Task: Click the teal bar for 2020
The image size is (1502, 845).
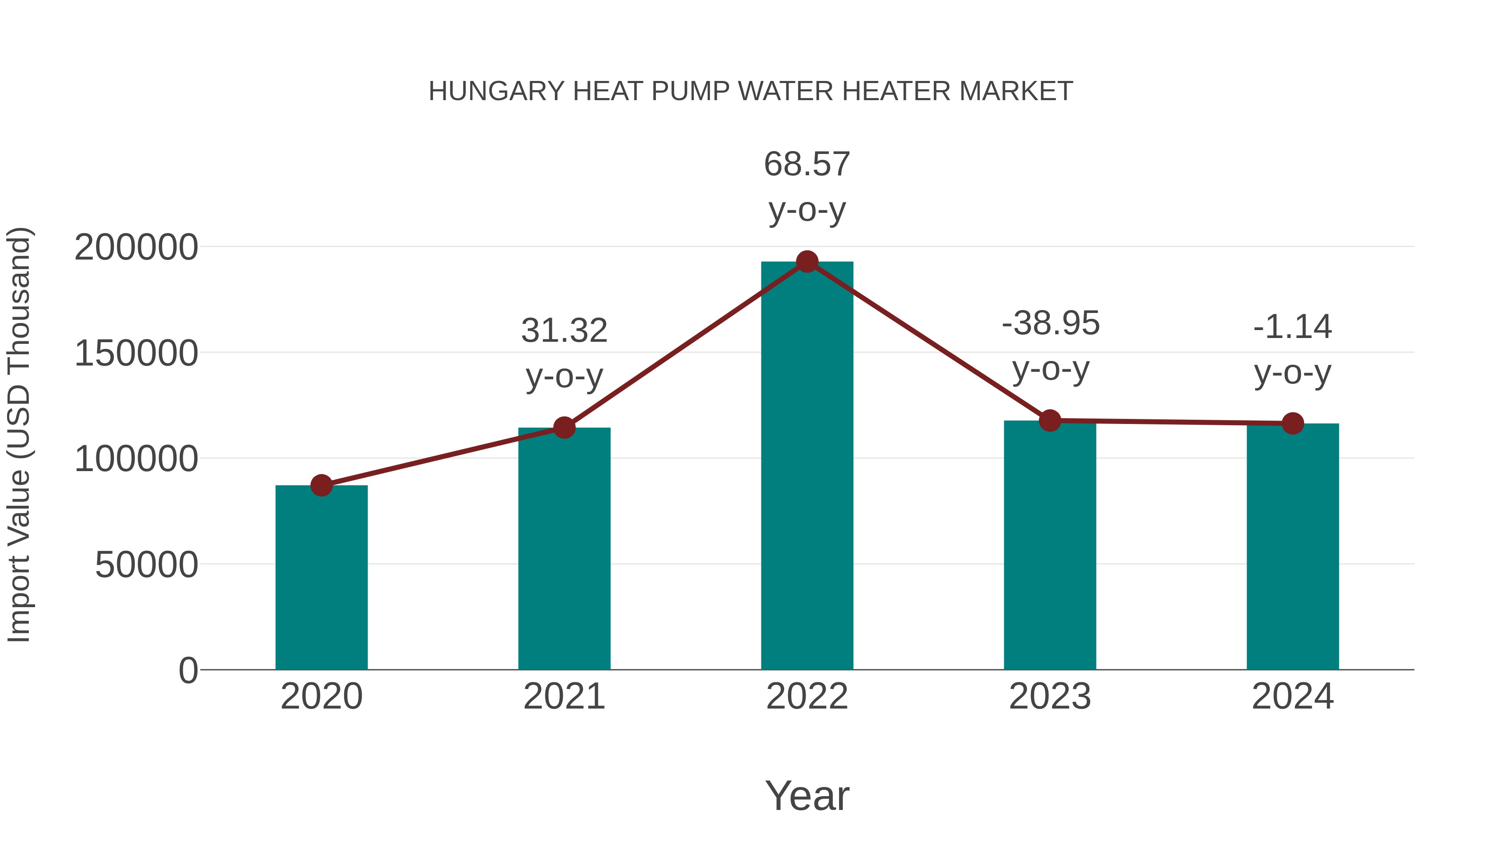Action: tap(321, 578)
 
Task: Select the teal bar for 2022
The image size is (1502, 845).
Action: tap(807, 467)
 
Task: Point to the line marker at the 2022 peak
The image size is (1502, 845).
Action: tap(807, 262)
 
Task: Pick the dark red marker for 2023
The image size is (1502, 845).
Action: tap(1050, 421)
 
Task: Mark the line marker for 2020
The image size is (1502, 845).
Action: tap(321, 485)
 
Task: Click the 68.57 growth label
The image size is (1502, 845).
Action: tap(807, 164)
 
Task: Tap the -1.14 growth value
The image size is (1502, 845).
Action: tap(1293, 327)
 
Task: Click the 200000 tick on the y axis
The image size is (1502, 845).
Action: tap(136, 247)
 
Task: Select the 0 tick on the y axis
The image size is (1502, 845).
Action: tap(188, 671)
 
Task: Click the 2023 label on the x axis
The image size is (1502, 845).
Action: tap(1050, 696)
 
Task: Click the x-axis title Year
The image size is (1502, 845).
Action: tap(807, 795)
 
